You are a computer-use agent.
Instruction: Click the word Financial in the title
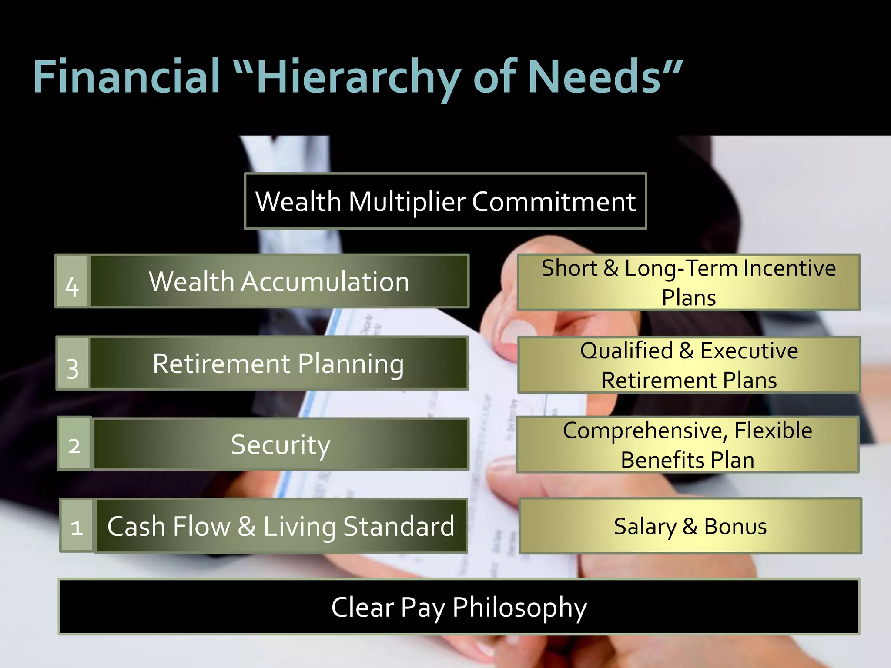127,77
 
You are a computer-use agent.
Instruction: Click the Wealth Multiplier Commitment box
445,201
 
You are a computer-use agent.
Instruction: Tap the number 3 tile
73,364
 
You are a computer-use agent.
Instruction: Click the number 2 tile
74,444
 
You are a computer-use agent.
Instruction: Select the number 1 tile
77,526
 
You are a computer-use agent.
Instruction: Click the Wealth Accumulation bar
279,281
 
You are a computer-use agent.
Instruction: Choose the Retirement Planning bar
278,363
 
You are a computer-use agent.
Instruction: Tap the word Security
281,444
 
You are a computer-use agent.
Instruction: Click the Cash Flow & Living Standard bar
281,526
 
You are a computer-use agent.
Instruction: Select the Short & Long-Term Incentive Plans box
688,282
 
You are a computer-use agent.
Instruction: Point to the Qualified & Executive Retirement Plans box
689,365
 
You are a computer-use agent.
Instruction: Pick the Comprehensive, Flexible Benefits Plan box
687,444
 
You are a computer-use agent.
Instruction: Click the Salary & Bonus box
690,526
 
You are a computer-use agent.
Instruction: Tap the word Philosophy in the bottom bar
519,608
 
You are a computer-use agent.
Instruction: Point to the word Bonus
735,526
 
